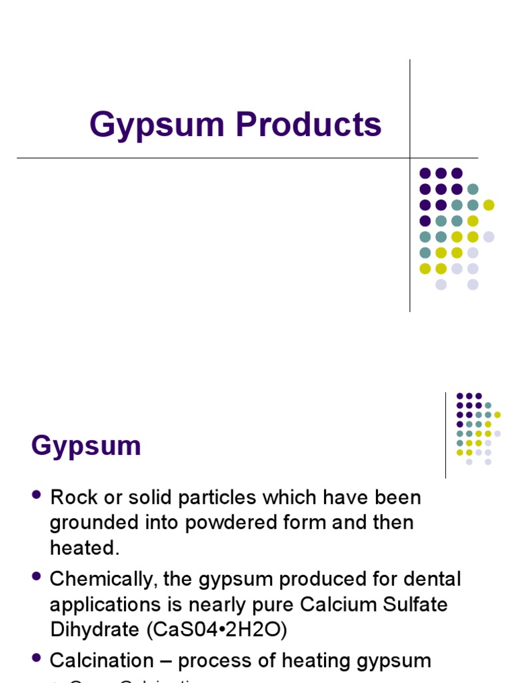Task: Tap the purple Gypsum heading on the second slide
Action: click(x=86, y=446)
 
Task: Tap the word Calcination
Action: click(x=101, y=661)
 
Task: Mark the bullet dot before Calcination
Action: click(x=36, y=659)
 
